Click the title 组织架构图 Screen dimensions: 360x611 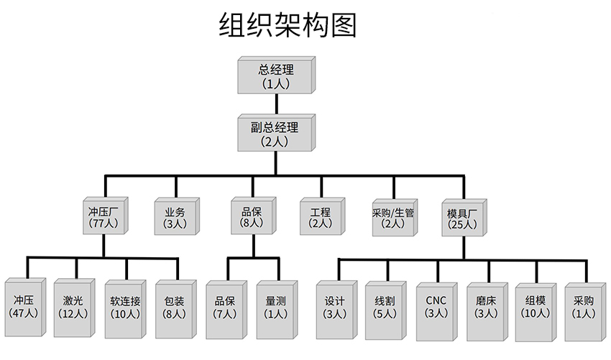[x=287, y=26]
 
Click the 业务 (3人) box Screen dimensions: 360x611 [x=175, y=217]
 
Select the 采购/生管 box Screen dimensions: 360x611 [x=393, y=217]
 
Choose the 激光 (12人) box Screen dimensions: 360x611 [x=74, y=307]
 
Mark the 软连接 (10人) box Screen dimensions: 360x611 [x=125, y=307]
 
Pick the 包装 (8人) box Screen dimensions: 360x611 [x=175, y=307]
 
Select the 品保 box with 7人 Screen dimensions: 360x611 [x=226, y=307]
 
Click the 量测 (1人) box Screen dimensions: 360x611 [x=276, y=307]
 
